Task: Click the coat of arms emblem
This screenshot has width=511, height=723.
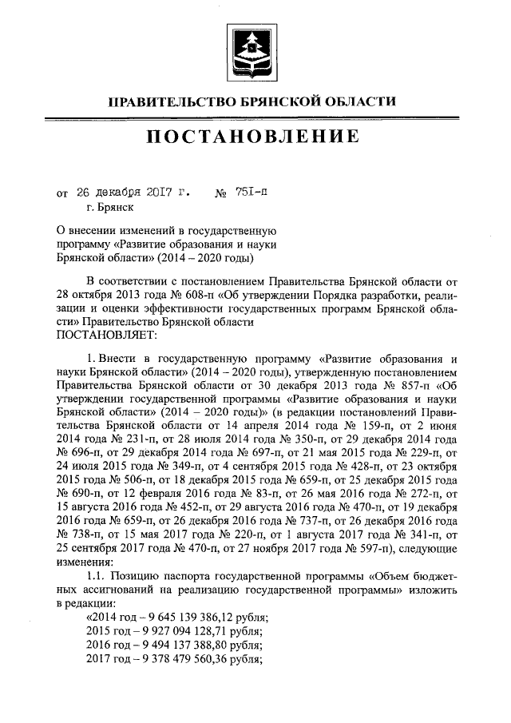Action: [x=255, y=49]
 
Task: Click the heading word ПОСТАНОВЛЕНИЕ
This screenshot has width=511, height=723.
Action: [x=255, y=137]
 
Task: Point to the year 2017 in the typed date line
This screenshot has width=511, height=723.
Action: [x=161, y=193]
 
